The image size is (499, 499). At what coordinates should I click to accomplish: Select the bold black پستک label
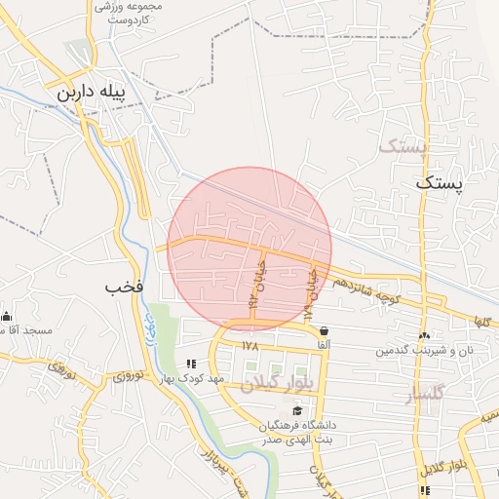(x=441, y=181)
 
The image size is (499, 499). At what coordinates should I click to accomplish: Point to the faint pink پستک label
(x=402, y=147)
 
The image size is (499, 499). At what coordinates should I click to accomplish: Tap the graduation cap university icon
(x=296, y=410)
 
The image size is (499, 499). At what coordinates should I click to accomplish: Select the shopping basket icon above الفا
(x=323, y=330)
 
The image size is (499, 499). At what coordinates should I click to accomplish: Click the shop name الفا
(x=323, y=344)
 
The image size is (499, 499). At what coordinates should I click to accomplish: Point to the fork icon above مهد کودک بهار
(x=191, y=364)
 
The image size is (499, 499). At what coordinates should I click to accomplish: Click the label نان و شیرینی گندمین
(x=426, y=349)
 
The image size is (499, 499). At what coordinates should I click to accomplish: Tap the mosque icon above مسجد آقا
(x=6, y=315)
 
